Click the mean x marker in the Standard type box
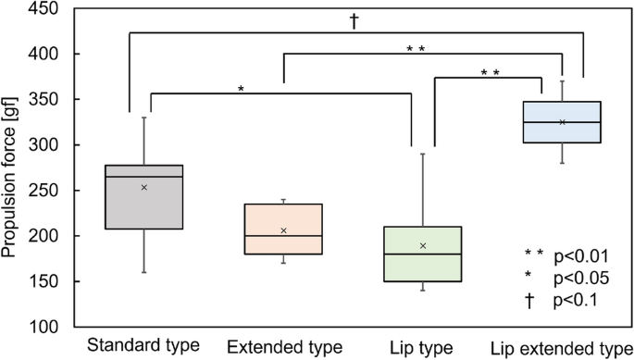(x=143, y=187)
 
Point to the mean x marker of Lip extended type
(x=562, y=122)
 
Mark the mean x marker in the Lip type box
(x=422, y=245)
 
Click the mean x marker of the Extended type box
(x=283, y=230)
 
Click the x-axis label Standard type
(x=143, y=346)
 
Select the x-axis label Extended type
(x=283, y=347)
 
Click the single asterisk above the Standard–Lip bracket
(x=241, y=90)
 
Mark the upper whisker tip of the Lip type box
(x=422, y=154)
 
